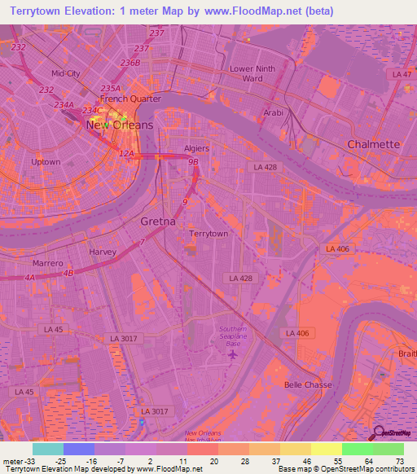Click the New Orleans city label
(119, 125)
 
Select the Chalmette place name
(374, 144)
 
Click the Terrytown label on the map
(208, 234)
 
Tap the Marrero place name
(47, 264)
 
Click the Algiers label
(196, 148)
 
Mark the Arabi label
(273, 113)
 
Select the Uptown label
(46, 162)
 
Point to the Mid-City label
(66, 73)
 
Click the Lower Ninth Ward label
(252, 73)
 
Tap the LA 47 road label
(402, 74)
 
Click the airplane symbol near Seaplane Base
(233, 354)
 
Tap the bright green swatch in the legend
(357, 449)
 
